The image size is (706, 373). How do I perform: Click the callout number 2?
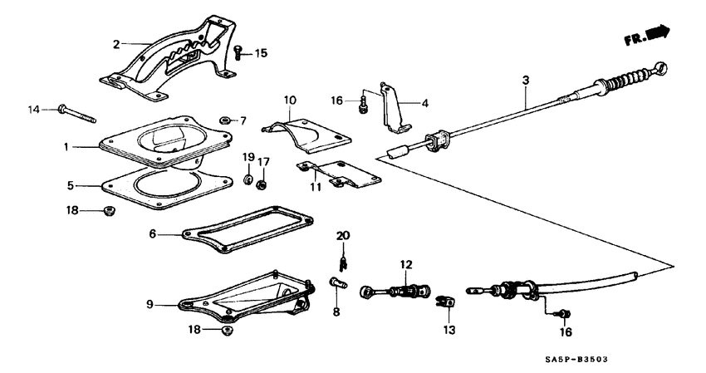click(x=117, y=42)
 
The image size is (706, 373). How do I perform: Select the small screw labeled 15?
click(x=238, y=52)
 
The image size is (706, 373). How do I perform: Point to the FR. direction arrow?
click(x=647, y=35)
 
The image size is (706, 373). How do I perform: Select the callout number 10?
click(x=290, y=101)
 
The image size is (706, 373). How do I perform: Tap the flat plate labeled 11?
click(x=341, y=174)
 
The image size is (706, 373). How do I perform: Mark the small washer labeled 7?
click(x=225, y=120)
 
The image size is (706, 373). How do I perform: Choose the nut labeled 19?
click(x=248, y=179)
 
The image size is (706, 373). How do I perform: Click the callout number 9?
click(x=150, y=305)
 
